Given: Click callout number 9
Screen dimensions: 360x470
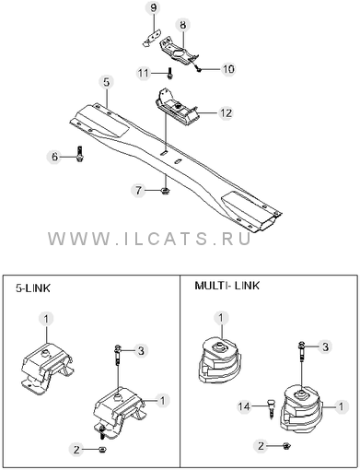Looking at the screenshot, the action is pos(154,8).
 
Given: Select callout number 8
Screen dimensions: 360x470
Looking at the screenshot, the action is pos(182,25).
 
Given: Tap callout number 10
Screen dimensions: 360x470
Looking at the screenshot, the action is pos(227,69).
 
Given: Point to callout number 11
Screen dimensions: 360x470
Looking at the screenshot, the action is pos(143,74).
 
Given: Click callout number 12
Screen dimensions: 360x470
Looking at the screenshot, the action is pos(226,113).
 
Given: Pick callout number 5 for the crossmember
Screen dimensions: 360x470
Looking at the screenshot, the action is pos(106,82).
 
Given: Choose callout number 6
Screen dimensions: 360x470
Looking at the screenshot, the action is pos(54,157).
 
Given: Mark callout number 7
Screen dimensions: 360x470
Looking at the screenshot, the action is pos(138,191).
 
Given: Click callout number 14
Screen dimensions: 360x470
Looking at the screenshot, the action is pos(244,406).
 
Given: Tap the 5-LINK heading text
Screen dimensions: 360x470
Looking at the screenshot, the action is pos(33,288).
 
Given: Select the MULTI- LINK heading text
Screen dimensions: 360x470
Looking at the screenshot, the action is pos(226,286).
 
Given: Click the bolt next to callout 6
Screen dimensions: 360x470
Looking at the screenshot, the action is pos(80,154).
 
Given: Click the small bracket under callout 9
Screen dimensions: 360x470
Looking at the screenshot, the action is pos(152,38).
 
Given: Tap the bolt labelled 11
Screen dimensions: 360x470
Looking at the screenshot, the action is pos(169,74).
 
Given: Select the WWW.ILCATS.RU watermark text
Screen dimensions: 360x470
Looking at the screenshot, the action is pos(149,239).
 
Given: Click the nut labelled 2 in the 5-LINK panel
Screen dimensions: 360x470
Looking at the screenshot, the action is pos(101,450).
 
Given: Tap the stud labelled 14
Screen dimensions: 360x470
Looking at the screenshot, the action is pos(271,408).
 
